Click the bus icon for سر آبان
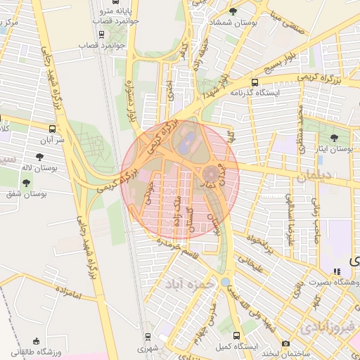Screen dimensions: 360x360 [53, 129]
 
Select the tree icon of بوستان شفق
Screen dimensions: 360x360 [27, 183]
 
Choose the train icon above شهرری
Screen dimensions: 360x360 [147, 337]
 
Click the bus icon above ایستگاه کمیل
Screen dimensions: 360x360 [236, 336]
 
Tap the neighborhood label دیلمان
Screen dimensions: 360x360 [311, 179]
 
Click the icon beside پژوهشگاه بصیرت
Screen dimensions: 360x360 [337, 271]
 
